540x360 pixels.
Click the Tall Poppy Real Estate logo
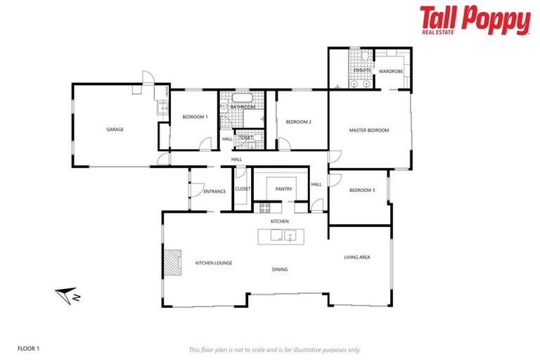475,20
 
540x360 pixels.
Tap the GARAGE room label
115,129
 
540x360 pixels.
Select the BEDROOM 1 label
195,117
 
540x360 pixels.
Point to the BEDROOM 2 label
298,122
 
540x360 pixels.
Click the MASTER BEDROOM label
369,130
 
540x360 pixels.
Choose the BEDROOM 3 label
362,191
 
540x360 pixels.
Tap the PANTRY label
283,188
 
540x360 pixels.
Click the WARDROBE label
390,71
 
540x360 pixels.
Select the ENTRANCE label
214,191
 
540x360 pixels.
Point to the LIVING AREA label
356,257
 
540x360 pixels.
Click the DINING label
280,269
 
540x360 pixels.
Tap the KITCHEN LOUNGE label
214,263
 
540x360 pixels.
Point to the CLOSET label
243,188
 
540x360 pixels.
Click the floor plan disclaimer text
274,349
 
